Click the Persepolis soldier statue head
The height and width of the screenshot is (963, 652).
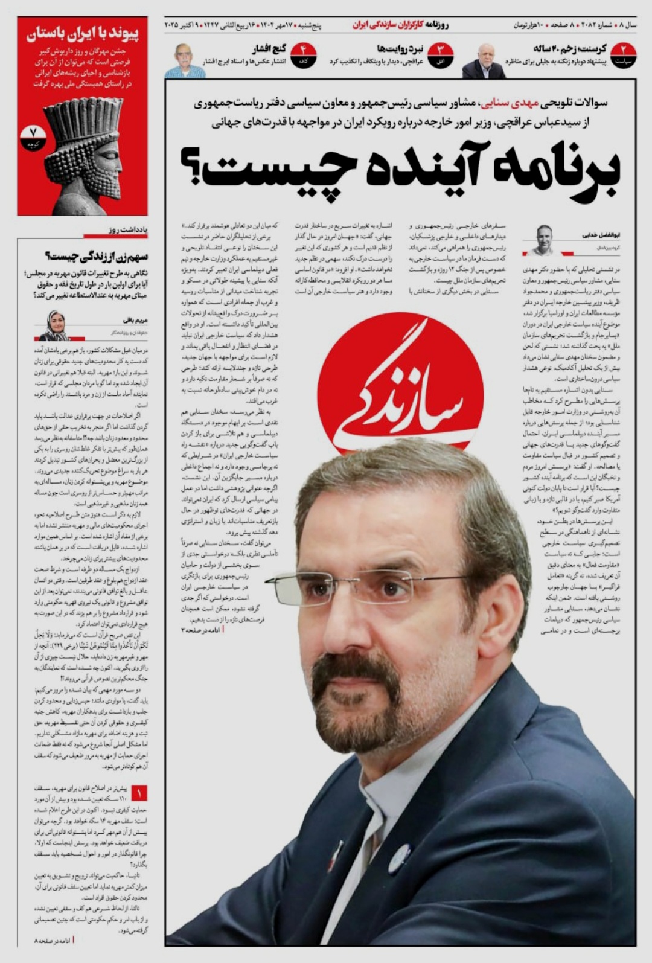coord(83,151)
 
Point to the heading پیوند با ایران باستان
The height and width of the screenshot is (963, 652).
coord(83,34)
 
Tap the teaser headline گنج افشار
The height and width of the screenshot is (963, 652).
coord(269,48)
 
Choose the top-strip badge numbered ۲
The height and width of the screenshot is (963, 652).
coord(623,56)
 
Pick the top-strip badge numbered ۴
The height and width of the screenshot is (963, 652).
coord(303,56)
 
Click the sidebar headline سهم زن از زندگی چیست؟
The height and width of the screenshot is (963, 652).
coord(97,257)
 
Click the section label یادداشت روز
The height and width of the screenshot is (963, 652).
coord(128,229)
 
